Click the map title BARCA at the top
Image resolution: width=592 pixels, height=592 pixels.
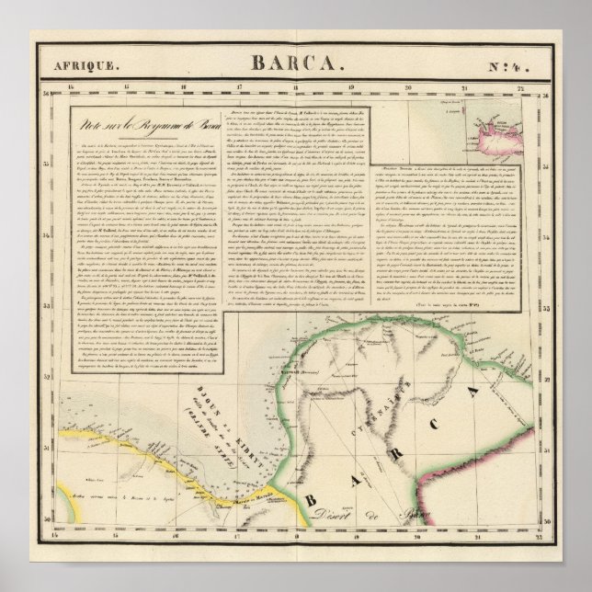pyautogui.click(x=296, y=64)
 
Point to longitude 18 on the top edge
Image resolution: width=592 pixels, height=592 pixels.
pyautogui.click(x=295, y=89)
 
